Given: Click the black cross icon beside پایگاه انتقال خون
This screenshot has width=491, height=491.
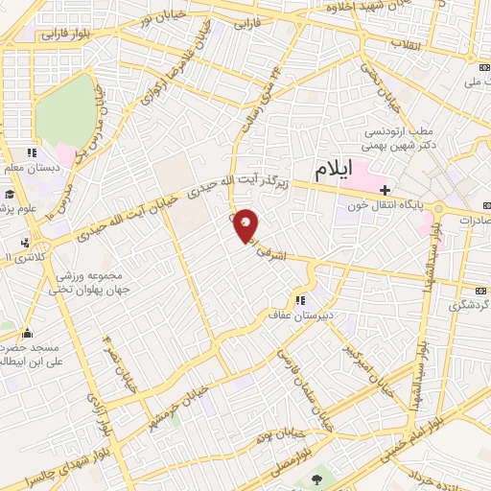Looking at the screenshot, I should click(x=384, y=190).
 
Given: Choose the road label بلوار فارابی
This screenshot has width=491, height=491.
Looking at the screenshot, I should click(x=62, y=34).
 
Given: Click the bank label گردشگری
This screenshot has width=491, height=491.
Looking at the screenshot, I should click(x=469, y=306).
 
